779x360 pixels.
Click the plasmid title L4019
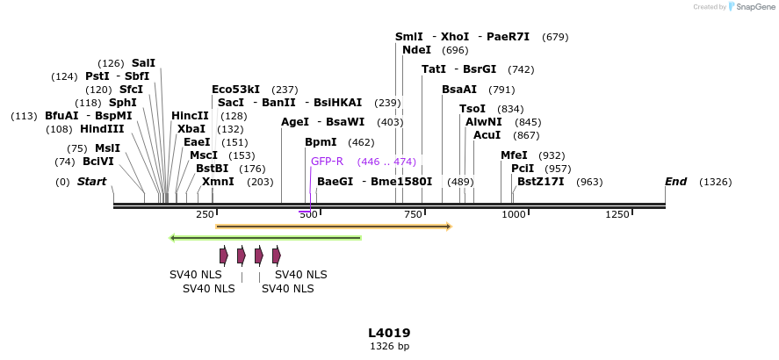389,333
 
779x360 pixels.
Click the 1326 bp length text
389,347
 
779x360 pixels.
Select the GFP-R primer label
327,162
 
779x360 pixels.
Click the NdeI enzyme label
416,50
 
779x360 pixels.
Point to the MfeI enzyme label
514,155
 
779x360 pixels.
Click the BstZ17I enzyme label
541,182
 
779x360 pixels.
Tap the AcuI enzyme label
487,135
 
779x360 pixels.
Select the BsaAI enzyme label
459,90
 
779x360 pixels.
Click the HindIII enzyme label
102,128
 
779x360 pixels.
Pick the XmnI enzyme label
218,182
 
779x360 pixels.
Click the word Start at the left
91,182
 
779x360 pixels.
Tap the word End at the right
675,182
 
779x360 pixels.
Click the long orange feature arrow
334,227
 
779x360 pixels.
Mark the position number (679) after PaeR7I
556,37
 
